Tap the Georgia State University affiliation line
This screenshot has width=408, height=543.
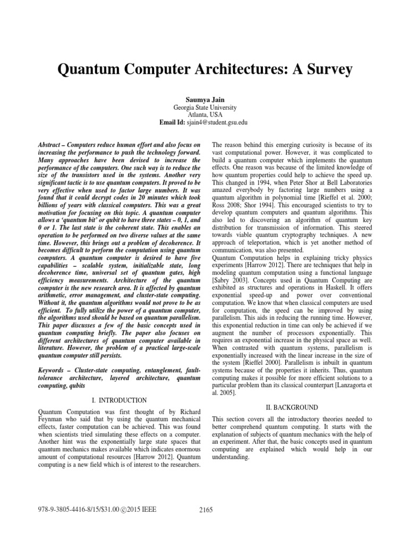204,107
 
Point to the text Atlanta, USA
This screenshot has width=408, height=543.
204,114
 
